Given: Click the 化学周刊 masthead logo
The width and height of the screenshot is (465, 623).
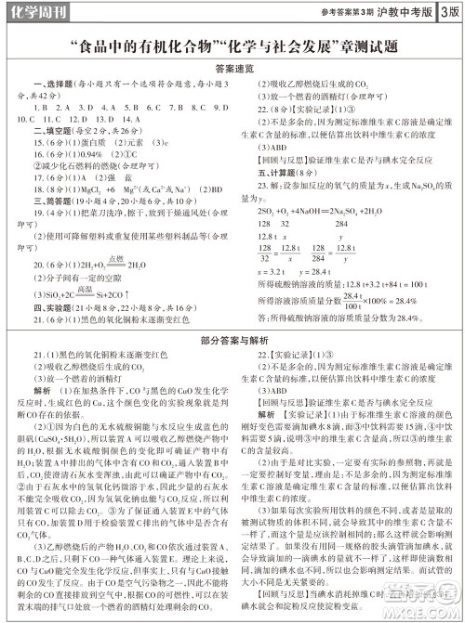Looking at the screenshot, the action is coord(34,12).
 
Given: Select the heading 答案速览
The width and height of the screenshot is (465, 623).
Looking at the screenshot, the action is coord(232,67).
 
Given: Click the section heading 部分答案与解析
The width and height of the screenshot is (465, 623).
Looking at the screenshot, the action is coord(232,341).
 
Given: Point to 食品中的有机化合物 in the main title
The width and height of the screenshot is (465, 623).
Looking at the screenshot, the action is coord(129,44).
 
